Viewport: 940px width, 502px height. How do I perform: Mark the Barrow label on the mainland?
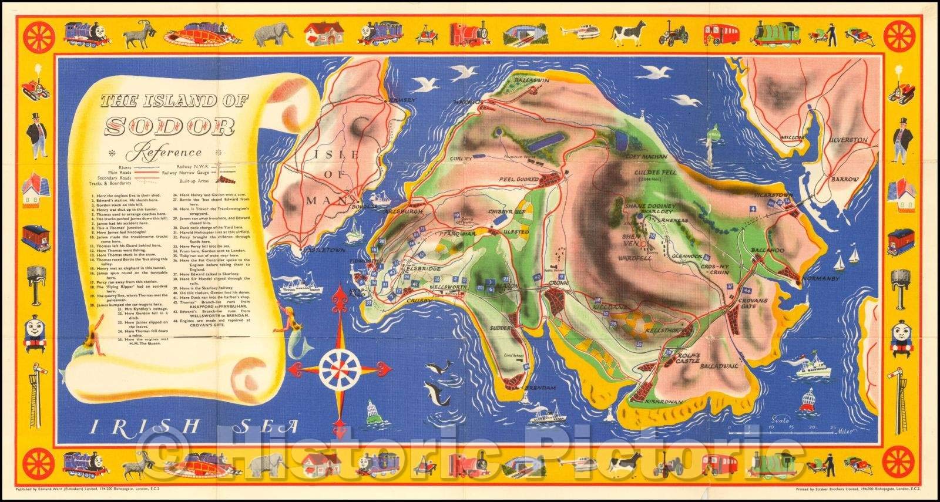[845, 179]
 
